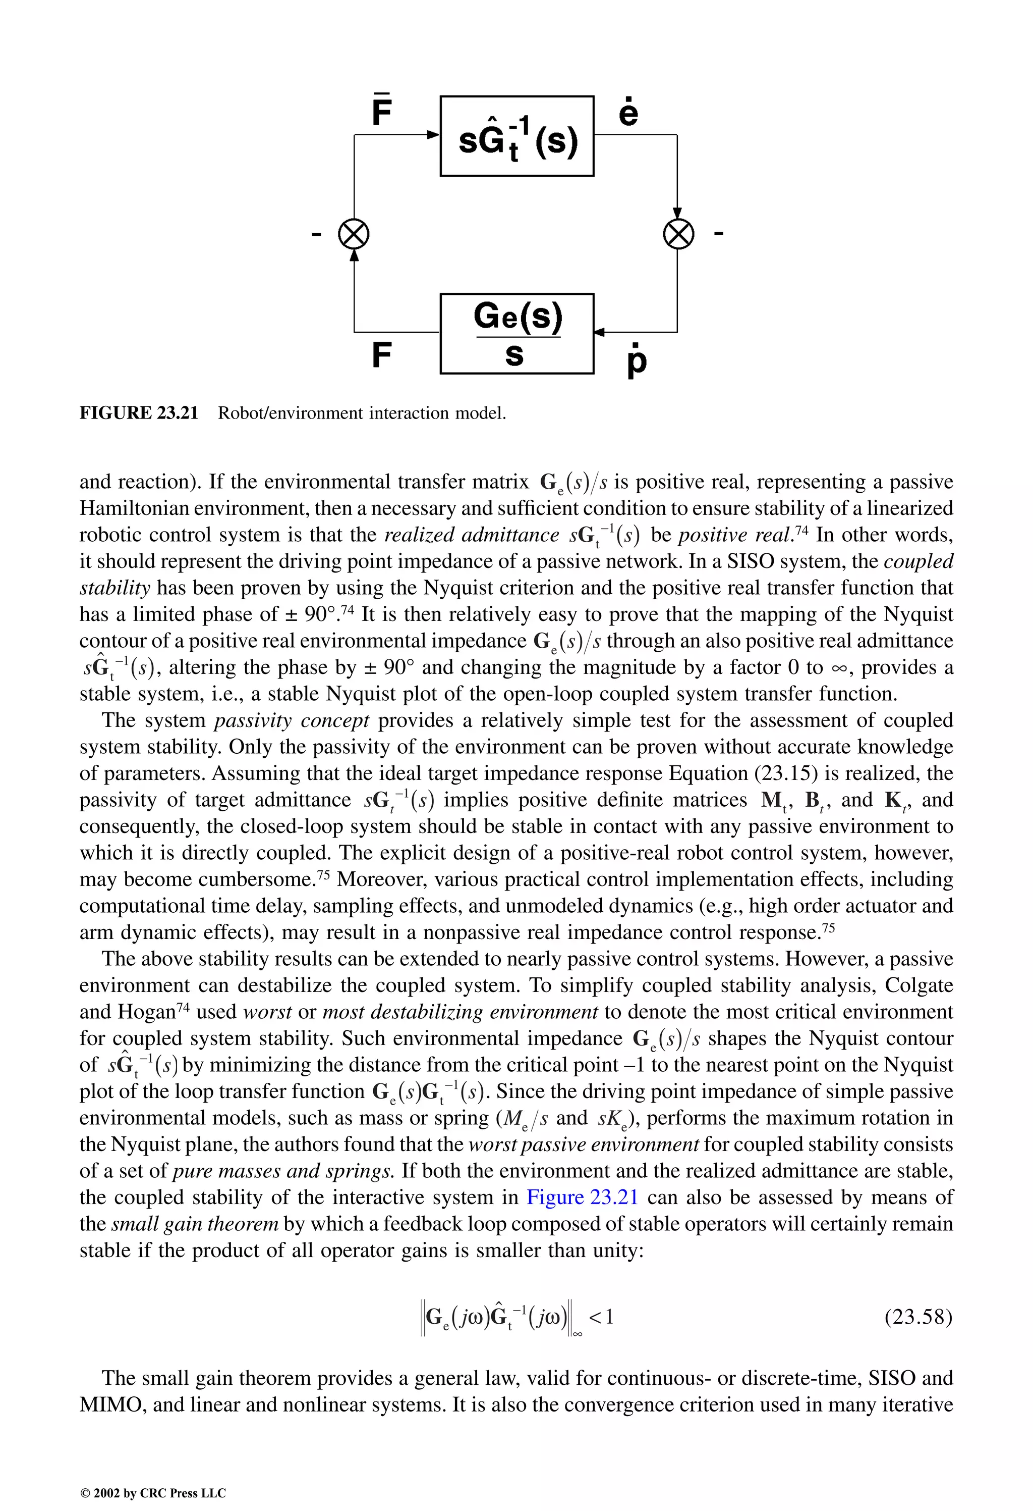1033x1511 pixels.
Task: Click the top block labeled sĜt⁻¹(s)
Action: (516, 136)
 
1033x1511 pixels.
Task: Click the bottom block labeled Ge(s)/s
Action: (516, 334)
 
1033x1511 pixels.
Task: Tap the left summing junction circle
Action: (354, 234)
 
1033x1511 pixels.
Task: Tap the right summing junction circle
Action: (677, 234)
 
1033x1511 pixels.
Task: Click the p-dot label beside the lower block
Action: (637, 361)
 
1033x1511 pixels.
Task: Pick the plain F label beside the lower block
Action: (381, 355)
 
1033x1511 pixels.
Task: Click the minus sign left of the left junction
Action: (316, 233)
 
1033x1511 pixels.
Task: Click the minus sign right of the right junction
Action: (719, 232)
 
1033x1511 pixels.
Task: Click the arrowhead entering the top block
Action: (433, 135)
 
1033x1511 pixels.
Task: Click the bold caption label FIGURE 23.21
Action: (138, 413)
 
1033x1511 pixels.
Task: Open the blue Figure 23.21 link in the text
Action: (582, 1197)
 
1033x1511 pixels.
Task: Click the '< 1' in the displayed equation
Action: (601, 1317)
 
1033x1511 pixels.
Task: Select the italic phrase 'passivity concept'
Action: (292, 720)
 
